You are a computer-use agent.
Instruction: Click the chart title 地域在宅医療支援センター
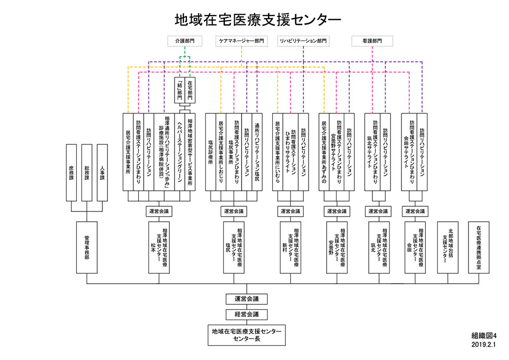258,19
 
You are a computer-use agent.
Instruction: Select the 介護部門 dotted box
185,41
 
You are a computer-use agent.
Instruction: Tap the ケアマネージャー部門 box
241,41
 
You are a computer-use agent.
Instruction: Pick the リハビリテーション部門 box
303,41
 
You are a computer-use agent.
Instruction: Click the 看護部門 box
372,41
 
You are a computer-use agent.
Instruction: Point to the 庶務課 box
72,172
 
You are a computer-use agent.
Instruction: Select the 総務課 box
87,172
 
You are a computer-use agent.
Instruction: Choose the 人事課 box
102,172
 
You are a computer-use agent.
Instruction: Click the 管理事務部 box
87,247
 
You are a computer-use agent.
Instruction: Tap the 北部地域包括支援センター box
448,247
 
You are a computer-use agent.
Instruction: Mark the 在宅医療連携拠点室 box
478,247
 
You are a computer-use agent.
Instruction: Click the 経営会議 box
247,314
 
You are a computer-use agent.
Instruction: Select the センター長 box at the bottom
247,335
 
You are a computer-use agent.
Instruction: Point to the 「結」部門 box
180,90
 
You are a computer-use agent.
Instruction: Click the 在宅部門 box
190,90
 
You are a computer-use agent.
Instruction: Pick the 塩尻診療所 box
211,152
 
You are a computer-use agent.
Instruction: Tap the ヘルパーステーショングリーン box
180,152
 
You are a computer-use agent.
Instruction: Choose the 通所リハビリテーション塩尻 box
257,152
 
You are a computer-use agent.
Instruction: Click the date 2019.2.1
484,344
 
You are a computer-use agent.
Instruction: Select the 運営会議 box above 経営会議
247,299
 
